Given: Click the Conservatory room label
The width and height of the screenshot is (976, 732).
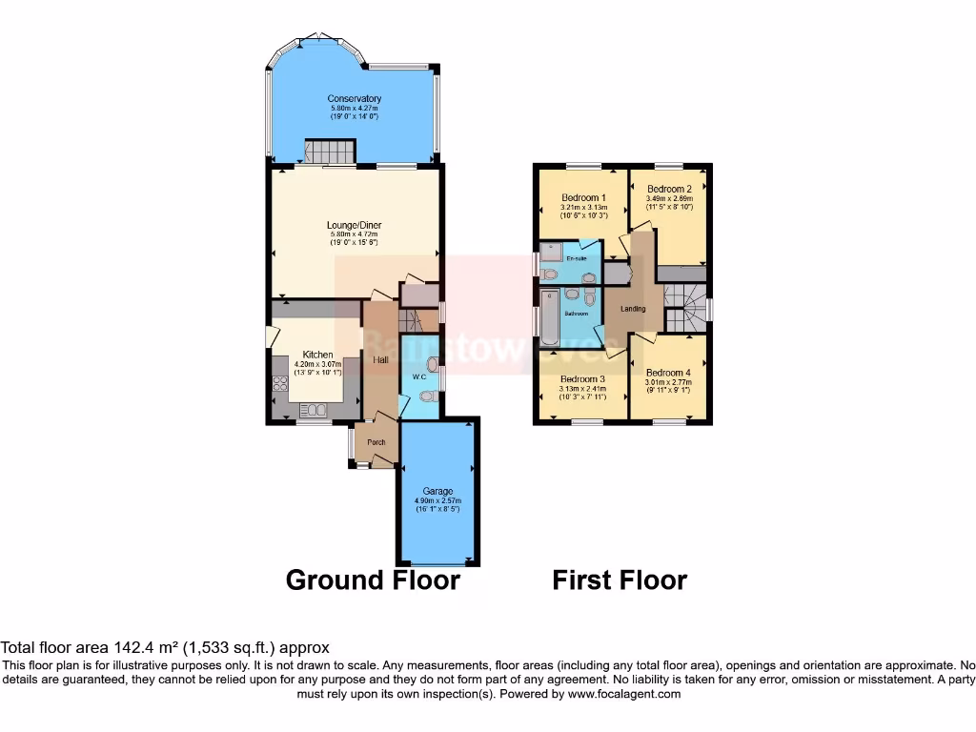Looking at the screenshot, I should coord(355,99).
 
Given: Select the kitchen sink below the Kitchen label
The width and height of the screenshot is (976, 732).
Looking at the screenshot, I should coord(312,410).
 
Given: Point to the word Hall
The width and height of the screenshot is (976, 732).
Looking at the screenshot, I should coord(380,360).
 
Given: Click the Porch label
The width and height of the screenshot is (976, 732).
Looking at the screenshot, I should coord(376,443).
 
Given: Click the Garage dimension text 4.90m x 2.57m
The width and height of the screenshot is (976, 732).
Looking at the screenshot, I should coord(438,500).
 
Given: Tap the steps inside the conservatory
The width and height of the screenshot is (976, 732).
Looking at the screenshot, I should coord(329,152).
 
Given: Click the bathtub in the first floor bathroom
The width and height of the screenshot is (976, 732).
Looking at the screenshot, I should coord(550,319).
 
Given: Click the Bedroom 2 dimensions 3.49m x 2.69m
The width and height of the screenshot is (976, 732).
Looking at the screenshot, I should coord(669,199).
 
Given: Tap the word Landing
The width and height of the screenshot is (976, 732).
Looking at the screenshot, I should coord(633,309).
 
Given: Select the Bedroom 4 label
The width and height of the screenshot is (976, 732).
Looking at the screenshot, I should coord(667,373).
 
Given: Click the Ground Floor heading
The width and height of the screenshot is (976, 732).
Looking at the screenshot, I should coord(373,579).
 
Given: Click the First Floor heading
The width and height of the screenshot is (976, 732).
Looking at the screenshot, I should coord(620,579).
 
